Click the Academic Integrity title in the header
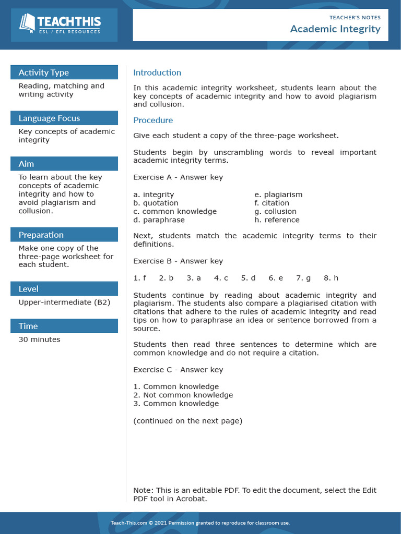(335, 29)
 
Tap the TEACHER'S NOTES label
(355, 17)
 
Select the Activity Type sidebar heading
(43, 72)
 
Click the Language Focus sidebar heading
(49, 118)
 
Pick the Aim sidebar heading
(26, 164)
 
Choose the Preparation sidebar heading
(41, 235)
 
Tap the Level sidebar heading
(28, 289)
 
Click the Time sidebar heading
(28, 326)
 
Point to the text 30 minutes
(39, 339)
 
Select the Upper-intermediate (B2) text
(64, 302)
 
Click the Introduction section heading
(157, 72)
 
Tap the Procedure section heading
(153, 120)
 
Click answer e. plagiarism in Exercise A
(278, 195)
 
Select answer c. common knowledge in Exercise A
(175, 211)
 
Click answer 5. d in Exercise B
(248, 278)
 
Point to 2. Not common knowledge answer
(183, 395)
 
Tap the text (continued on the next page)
(187, 420)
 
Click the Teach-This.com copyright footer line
(200, 523)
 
